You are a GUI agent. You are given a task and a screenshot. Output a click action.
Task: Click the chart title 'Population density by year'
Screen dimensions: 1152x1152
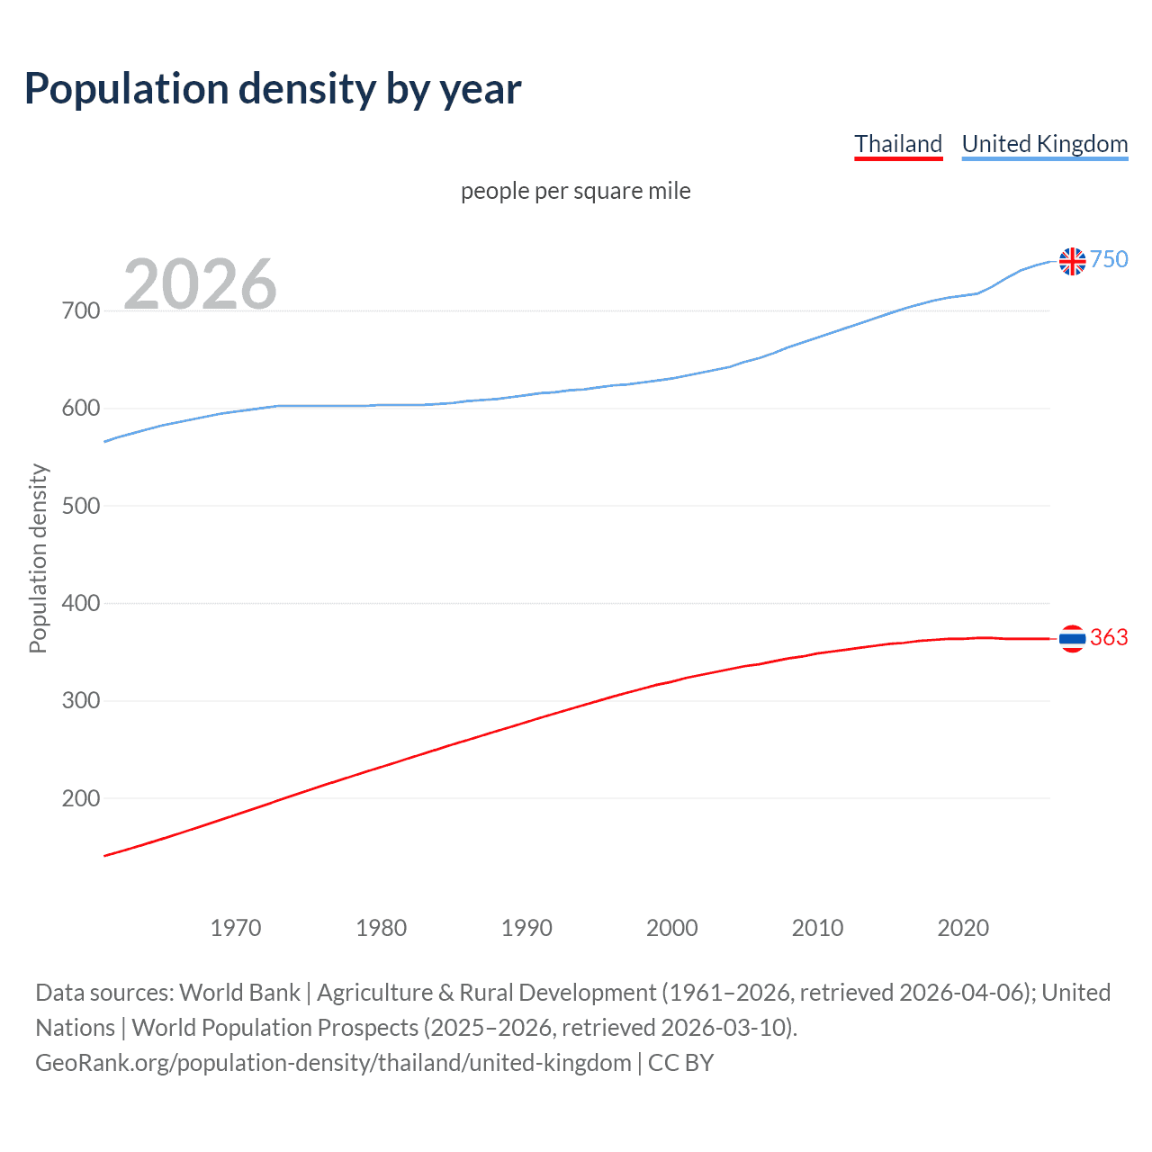point(273,89)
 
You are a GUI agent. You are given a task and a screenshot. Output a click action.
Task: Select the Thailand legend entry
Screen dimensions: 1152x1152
point(898,144)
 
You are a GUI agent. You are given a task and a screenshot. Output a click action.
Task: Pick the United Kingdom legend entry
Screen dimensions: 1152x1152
point(1044,144)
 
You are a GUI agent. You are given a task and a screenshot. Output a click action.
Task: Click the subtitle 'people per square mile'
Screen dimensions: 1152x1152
point(575,191)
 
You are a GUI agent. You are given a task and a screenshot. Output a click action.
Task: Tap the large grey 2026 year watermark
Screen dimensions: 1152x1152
point(200,284)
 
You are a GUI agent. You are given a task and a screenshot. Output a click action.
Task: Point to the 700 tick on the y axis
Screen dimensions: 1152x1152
point(81,311)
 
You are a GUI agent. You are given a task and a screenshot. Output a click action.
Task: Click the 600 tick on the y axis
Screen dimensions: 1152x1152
point(81,409)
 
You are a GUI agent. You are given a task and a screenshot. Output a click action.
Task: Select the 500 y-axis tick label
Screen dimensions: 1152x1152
point(81,506)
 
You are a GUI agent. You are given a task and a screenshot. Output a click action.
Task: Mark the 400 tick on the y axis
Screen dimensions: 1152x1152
point(81,603)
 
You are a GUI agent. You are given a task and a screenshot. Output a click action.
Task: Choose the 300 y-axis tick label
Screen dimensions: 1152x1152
point(81,701)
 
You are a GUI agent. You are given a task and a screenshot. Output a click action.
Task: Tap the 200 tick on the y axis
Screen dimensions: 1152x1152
point(81,798)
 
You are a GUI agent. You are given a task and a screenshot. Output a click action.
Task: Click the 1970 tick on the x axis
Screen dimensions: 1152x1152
point(236,928)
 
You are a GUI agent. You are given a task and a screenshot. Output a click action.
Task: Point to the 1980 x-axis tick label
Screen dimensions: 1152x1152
point(382,928)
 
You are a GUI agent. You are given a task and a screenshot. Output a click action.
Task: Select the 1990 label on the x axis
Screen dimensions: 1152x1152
point(526,928)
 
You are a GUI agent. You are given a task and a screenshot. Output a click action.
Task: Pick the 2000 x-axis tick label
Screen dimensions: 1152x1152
point(672,928)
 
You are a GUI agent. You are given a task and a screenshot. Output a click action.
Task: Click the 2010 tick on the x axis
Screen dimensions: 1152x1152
point(817,928)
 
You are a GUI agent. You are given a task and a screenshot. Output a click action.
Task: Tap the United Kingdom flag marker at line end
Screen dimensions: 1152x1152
point(1072,261)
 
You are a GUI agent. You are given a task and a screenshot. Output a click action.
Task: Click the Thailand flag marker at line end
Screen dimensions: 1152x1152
point(1072,638)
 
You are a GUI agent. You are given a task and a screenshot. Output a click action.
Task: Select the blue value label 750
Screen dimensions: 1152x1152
point(1109,260)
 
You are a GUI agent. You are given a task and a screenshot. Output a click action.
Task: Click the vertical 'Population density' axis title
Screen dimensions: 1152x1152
point(38,558)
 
